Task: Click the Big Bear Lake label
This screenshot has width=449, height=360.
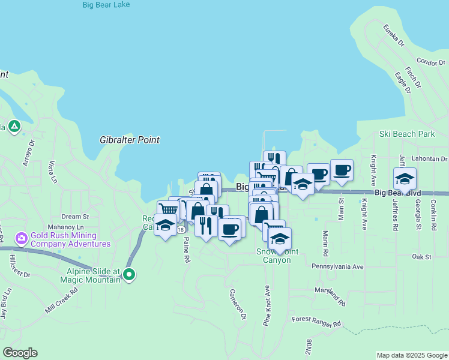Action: click(x=106, y=5)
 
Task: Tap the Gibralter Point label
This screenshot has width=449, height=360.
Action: click(x=130, y=140)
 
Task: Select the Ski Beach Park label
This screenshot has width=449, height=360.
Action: click(x=407, y=134)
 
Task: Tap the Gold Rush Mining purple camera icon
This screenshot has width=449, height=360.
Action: click(x=22, y=239)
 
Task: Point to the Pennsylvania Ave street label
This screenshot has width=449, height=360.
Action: click(x=338, y=266)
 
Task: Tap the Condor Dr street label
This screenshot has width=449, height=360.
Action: click(x=430, y=62)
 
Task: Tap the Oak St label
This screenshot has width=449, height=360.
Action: click(x=422, y=257)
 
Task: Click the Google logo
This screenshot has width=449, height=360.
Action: click(x=20, y=353)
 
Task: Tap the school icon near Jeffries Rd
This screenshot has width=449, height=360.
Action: click(x=405, y=179)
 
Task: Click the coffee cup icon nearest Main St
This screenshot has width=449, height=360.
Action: click(x=342, y=170)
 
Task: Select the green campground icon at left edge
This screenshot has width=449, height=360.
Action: click(x=14, y=127)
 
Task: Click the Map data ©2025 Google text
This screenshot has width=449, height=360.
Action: click(x=411, y=355)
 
